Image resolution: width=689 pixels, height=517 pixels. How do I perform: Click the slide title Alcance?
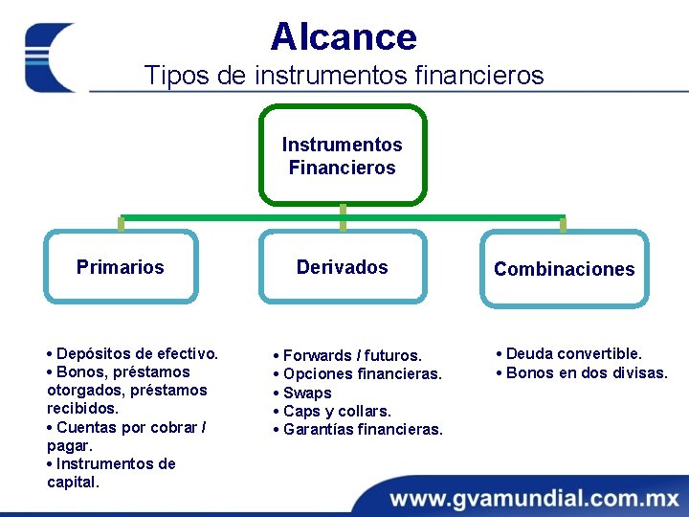pyautogui.click(x=344, y=37)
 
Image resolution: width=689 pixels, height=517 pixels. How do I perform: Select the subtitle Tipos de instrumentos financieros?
pyautogui.click(x=344, y=75)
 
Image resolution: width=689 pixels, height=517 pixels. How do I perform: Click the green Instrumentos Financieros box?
pyautogui.click(x=343, y=156)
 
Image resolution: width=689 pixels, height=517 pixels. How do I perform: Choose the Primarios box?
pyautogui.click(x=121, y=267)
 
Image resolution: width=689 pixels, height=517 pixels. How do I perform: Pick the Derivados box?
pyautogui.click(x=343, y=267)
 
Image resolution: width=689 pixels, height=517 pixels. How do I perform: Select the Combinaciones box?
pyautogui.click(x=564, y=269)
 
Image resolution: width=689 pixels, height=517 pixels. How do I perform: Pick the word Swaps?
pyautogui.click(x=307, y=393)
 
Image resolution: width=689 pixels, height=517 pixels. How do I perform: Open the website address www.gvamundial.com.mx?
pyautogui.click(x=534, y=499)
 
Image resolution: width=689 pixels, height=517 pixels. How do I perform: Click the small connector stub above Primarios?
pyautogui.click(x=121, y=224)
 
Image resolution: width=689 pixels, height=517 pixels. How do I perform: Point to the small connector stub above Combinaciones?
pyautogui.click(x=563, y=224)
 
